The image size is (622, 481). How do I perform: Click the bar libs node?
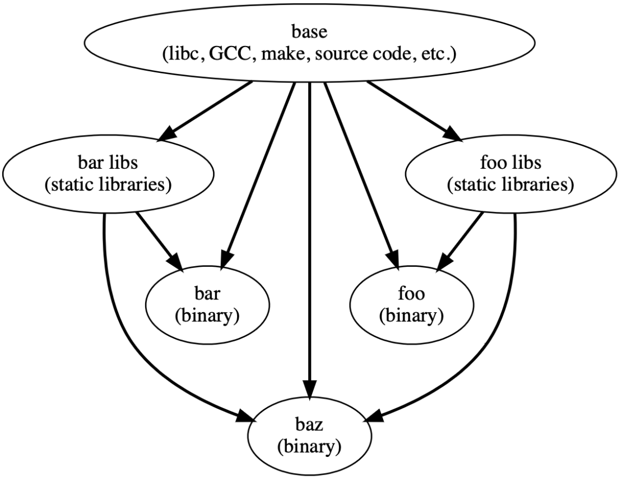[x=108, y=174]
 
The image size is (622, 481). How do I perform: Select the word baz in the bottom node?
[x=310, y=428]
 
